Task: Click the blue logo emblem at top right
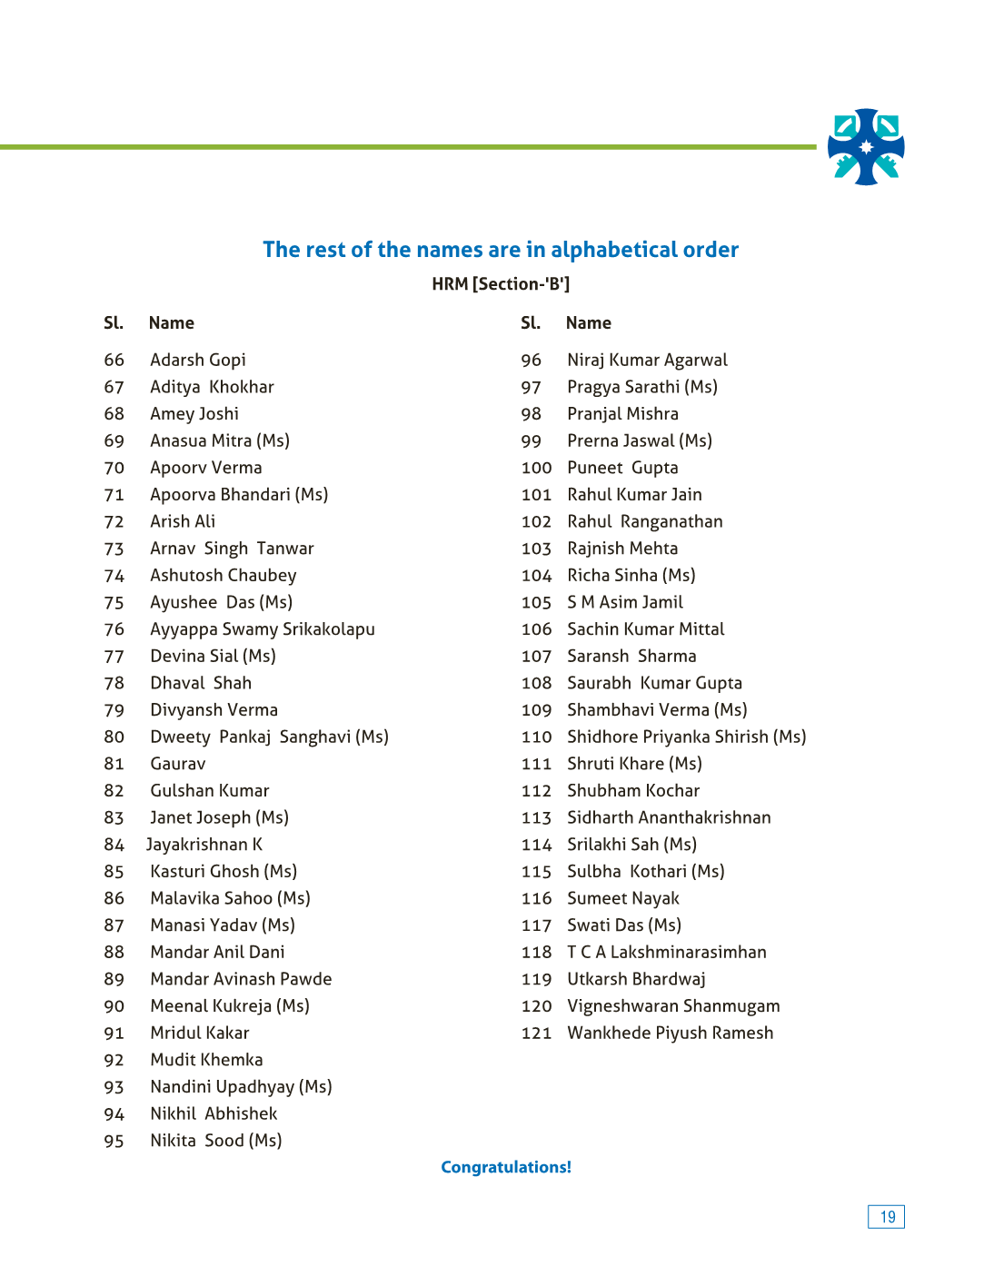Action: [x=866, y=147]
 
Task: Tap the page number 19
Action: [x=887, y=1217]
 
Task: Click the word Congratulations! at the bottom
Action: [x=506, y=1167]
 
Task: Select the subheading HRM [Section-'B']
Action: [x=501, y=284]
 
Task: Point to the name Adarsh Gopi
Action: [x=198, y=361]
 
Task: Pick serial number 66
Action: [x=114, y=361]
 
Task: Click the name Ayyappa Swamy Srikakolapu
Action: [x=263, y=629]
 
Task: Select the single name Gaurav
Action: [x=178, y=764]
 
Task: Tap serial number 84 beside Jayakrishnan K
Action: [x=114, y=845]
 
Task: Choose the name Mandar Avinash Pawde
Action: [x=241, y=979]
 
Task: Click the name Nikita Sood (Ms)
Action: [x=216, y=1141]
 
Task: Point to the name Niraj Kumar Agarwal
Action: [x=648, y=361]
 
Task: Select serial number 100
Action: [x=536, y=468]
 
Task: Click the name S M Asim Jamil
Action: [x=625, y=602]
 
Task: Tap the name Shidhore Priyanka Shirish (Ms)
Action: [x=687, y=737]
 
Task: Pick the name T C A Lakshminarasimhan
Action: [x=667, y=952]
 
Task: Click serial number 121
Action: [x=536, y=1034]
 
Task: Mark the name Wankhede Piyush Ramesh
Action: [x=671, y=1034]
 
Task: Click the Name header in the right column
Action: [x=589, y=323]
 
